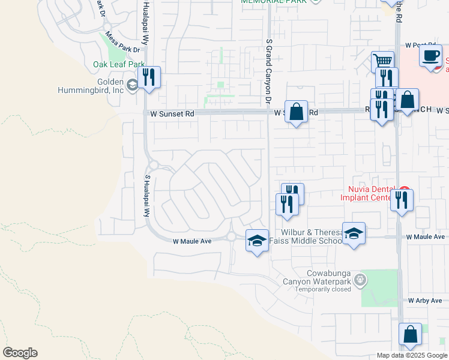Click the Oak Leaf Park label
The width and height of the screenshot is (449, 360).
point(119,64)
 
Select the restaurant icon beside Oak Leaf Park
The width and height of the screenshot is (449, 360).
point(149,77)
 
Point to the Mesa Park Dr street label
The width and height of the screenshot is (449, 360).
point(122,43)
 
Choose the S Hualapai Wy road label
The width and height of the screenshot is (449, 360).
point(146,196)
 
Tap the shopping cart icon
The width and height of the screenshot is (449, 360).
point(382,62)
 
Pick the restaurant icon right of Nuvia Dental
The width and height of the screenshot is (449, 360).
point(402,199)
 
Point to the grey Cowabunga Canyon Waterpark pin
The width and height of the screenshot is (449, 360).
point(360,279)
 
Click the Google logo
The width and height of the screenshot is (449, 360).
point(20,353)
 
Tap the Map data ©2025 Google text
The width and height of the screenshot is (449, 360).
point(412,355)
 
